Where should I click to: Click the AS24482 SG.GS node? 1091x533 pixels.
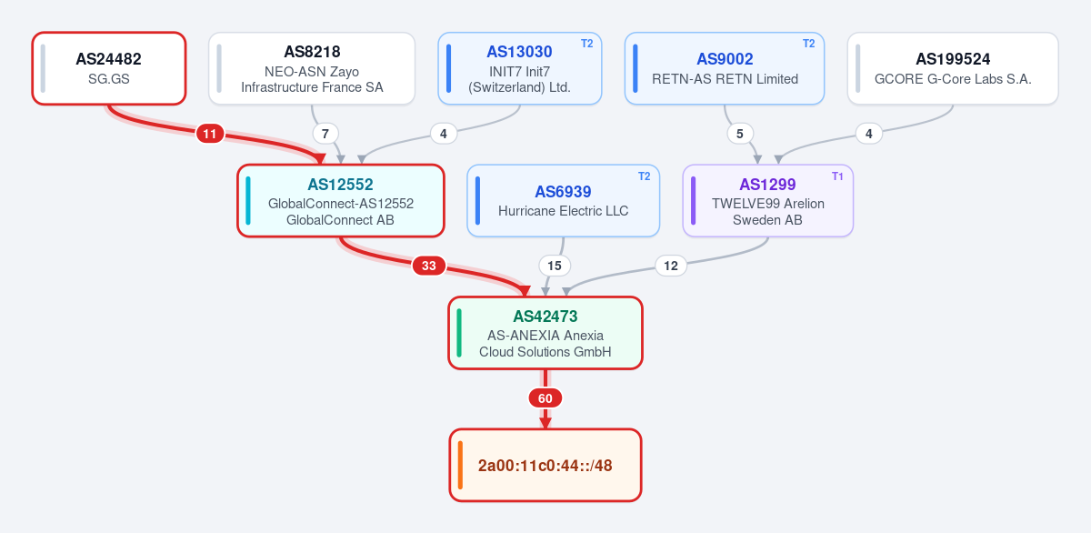click(x=109, y=68)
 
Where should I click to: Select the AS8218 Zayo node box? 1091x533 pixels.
click(x=312, y=68)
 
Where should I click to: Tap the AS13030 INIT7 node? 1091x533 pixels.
click(x=520, y=68)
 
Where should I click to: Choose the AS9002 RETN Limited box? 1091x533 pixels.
click(x=725, y=68)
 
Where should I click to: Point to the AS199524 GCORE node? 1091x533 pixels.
click(x=953, y=68)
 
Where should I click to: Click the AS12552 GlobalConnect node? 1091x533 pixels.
click(x=340, y=201)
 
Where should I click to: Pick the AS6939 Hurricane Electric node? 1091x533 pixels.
click(x=563, y=201)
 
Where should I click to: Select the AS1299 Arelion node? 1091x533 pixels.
click(x=768, y=201)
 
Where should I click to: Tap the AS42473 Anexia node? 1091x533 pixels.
click(x=545, y=333)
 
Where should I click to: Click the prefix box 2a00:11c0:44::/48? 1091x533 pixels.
click(x=545, y=466)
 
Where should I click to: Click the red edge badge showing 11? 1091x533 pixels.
click(x=210, y=134)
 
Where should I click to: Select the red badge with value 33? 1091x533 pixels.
click(x=428, y=266)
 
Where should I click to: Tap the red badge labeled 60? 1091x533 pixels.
click(x=545, y=398)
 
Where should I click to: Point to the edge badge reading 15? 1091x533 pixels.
click(x=555, y=266)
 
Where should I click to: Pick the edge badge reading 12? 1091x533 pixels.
click(x=671, y=266)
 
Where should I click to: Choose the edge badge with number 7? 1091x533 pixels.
click(x=325, y=134)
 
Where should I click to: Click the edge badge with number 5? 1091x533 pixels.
click(x=740, y=134)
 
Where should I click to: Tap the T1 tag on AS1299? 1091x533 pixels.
click(x=837, y=176)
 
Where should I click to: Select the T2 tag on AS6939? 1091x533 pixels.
click(x=644, y=176)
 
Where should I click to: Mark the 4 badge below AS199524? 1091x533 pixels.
click(x=869, y=134)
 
